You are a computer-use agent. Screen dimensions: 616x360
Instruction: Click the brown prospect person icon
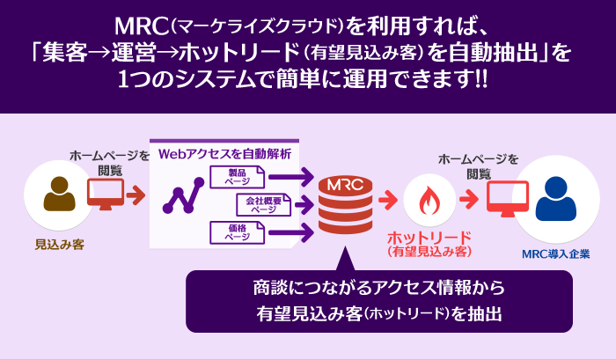pos(59,194)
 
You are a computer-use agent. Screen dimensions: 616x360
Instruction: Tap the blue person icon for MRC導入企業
pos(556,198)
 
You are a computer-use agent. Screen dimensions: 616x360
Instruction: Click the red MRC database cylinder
pos(345,205)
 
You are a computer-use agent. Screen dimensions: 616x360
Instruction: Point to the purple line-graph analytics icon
pos(183,195)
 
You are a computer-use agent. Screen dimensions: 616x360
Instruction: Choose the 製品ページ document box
pos(238,177)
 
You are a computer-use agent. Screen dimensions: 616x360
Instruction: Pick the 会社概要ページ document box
pos(264,205)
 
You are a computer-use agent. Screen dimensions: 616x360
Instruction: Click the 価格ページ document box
pos(238,232)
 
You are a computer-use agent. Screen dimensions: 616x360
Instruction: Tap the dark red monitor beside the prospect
pos(106,195)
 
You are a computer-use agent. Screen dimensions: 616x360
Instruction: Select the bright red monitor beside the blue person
pos(508,198)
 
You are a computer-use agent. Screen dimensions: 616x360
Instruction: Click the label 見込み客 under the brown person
pos(60,245)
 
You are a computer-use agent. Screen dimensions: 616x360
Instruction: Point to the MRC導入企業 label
pos(556,253)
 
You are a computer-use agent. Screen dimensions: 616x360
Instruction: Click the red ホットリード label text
pos(429,238)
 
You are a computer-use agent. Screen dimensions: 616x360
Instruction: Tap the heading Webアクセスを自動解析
pos(224,154)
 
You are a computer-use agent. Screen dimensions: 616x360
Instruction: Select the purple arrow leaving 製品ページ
pos(291,176)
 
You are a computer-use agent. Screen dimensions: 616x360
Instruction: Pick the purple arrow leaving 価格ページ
pos(291,232)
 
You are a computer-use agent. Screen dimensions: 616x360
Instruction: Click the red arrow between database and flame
pos(388,200)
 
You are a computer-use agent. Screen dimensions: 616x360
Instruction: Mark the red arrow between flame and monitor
pos(469,200)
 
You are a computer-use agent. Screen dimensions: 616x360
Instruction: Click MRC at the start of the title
pos(142,26)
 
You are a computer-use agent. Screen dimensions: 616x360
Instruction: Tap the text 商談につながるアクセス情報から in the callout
pos(378,288)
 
